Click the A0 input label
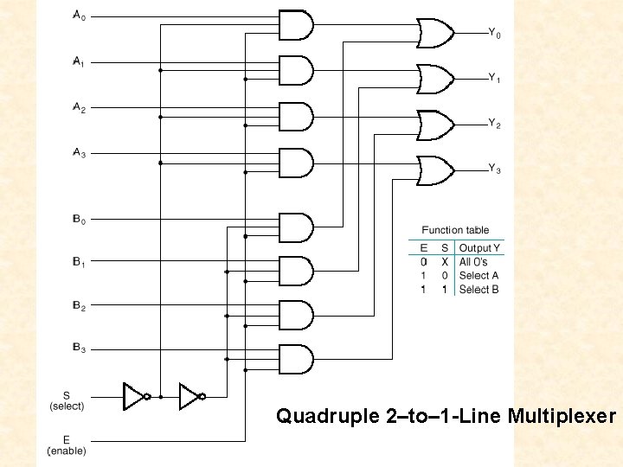click(78, 16)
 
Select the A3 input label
click(78, 153)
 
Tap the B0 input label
click(78, 220)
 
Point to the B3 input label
click(78, 348)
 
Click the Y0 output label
click(494, 34)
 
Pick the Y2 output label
click(494, 125)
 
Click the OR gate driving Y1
click(435, 79)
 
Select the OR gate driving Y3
click(435, 170)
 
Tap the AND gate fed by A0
click(295, 24)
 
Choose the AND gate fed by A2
click(295, 116)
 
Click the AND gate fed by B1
click(295, 270)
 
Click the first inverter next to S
click(136, 396)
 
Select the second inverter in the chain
click(191, 396)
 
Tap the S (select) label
click(67, 400)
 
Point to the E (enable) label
click(67, 445)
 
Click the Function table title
click(455, 230)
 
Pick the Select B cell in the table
click(478, 290)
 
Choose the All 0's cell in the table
click(473, 262)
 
